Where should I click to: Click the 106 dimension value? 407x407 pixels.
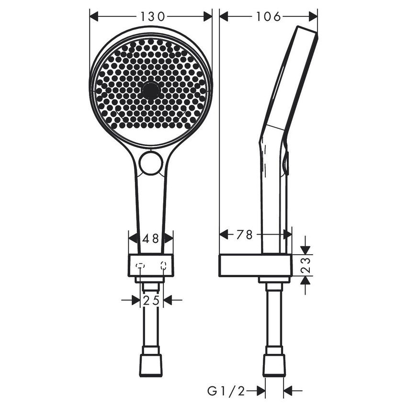(268, 16)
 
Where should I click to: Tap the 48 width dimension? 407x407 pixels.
(151, 238)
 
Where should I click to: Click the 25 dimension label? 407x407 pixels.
(151, 301)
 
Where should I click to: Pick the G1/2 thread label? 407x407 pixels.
(226, 391)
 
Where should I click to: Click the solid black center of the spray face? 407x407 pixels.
(150, 90)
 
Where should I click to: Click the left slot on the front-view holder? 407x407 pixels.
(140, 265)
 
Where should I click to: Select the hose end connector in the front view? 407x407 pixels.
(151, 366)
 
